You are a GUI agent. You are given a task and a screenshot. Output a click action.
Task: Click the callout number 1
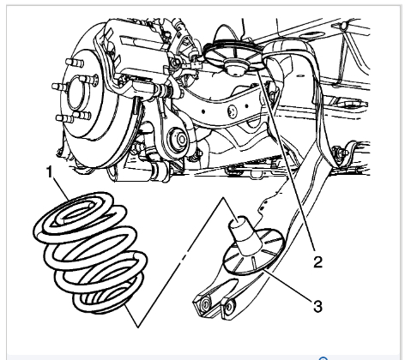[50, 172]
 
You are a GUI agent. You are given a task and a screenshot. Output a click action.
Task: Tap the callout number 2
[318, 261]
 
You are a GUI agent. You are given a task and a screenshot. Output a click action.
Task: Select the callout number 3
[317, 306]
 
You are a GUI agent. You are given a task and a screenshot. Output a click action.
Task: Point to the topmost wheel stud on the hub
[75, 63]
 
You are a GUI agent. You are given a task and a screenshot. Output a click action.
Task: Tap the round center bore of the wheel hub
[76, 92]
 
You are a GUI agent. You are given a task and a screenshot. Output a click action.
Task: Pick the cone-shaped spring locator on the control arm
[244, 235]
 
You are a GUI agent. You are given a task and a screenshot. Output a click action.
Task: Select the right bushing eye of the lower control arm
[229, 308]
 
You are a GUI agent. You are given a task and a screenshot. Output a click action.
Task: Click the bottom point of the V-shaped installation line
[138, 327]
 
